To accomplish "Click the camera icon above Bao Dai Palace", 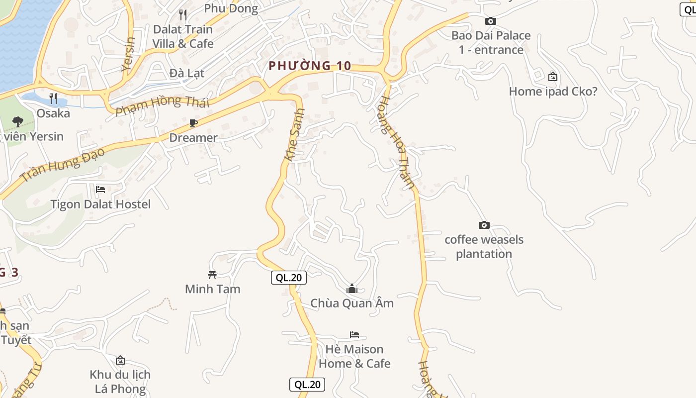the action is (x=490, y=21).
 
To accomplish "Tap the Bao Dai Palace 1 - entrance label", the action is (x=491, y=43).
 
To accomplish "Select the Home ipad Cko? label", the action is (x=553, y=92).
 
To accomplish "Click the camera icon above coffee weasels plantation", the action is (x=484, y=225).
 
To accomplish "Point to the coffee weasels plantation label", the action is (x=484, y=247).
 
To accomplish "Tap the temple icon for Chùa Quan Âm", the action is (x=352, y=289).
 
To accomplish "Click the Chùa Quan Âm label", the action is (x=352, y=303).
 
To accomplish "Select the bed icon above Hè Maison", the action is (x=354, y=335).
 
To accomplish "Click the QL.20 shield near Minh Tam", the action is (x=288, y=278).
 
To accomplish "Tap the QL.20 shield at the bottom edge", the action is (x=307, y=384).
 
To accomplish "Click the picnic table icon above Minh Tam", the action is (x=212, y=275).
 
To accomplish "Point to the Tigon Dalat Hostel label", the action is (x=100, y=204).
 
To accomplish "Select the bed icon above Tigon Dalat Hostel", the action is (x=100, y=190).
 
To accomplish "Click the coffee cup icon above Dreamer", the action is (x=193, y=123).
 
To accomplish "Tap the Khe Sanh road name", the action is (x=294, y=134).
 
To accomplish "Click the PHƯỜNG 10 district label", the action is (x=310, y=66).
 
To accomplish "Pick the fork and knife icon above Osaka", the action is (x=53, y=99).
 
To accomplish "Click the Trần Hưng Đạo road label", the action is (x=63, y=164).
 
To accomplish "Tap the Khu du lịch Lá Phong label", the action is (x=120, y=382).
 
